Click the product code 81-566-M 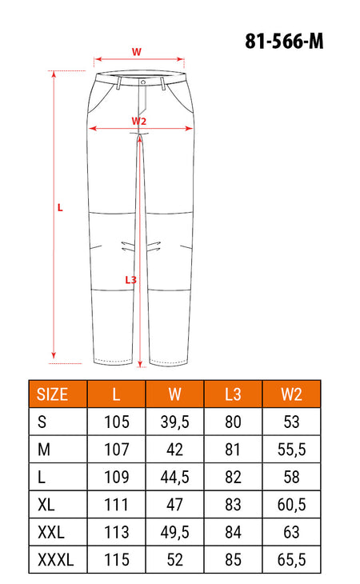(284, 41)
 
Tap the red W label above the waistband (137, 51)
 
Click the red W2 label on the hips (139, 121)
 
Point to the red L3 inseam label (130, 280)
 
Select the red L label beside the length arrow (60, 208)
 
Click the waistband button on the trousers (143, 82)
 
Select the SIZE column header (52, 394)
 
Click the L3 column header (233, 394)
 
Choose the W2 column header (291, 394)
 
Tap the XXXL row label (56, 559)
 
